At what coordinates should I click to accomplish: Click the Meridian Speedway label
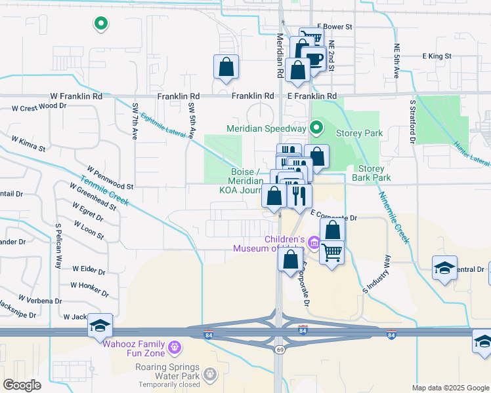coord(267,128)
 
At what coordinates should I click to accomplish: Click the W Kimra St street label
coord(28,143)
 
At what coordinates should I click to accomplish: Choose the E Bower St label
coord(335,27)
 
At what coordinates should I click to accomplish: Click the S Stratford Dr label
coord(414,121)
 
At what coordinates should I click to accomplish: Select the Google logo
coord(22,385)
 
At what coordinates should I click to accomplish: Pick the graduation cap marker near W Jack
coord(100,325)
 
